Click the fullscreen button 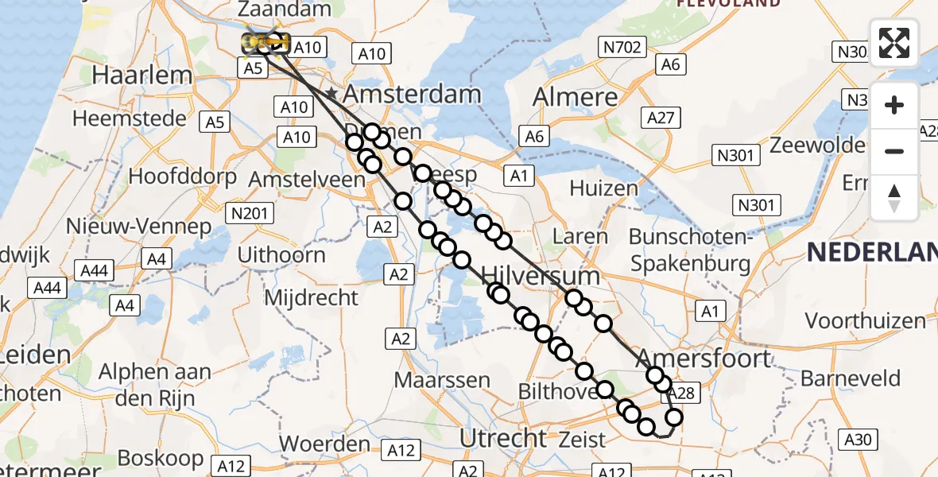click(894, 43)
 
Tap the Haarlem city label click(142, 76)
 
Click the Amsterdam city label click(412, 94)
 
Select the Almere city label click(575, 97)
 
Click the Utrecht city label click(504, 437)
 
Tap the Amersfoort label click(703, 358)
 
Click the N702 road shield click(622, 48)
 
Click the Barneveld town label click(851, 378)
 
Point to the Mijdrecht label click(311, 298)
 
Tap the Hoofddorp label click(182, 176)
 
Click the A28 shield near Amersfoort click(681, 392)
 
